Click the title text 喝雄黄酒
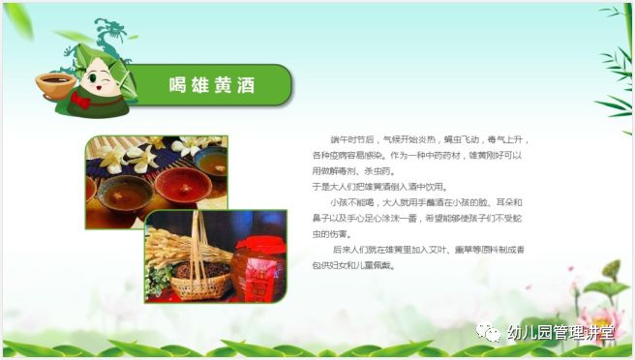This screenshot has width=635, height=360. point(210,85)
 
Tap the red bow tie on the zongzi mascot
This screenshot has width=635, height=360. point(81,100)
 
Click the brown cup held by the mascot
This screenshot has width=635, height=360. point(54,83)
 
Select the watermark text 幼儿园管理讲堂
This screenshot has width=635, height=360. point(560,334)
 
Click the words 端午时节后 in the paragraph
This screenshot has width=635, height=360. point(354,139)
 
